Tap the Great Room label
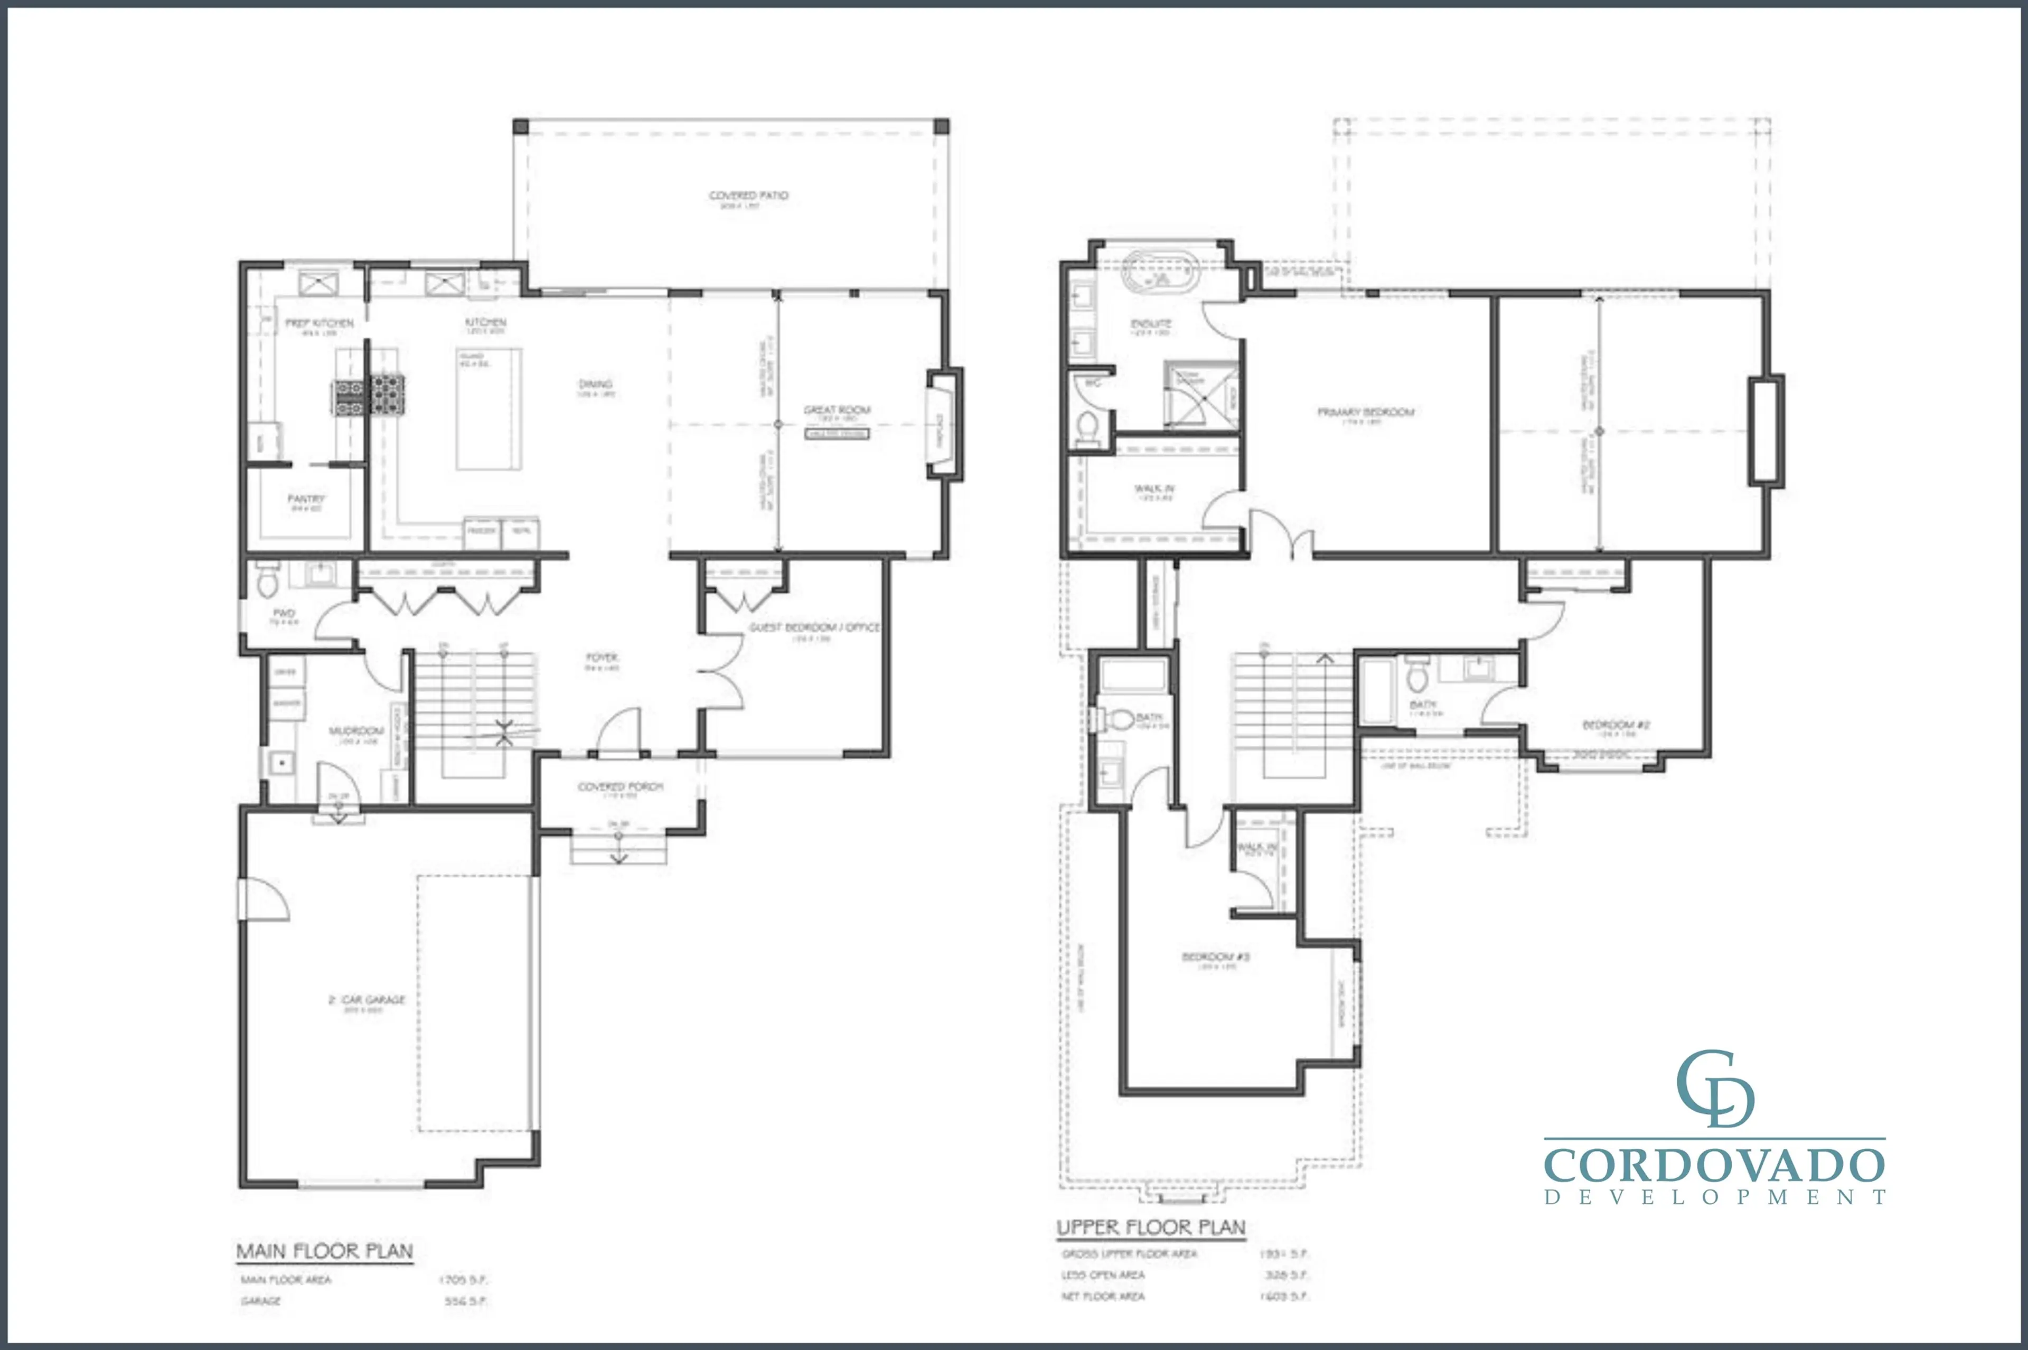click(837, 410)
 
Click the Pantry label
click(306, 499)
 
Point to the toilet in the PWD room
click(267, 584)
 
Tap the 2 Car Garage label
click(367, 1000)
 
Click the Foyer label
click(602, 658)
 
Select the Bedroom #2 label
click(1616, 725)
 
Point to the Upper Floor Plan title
click(1150, 1227)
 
